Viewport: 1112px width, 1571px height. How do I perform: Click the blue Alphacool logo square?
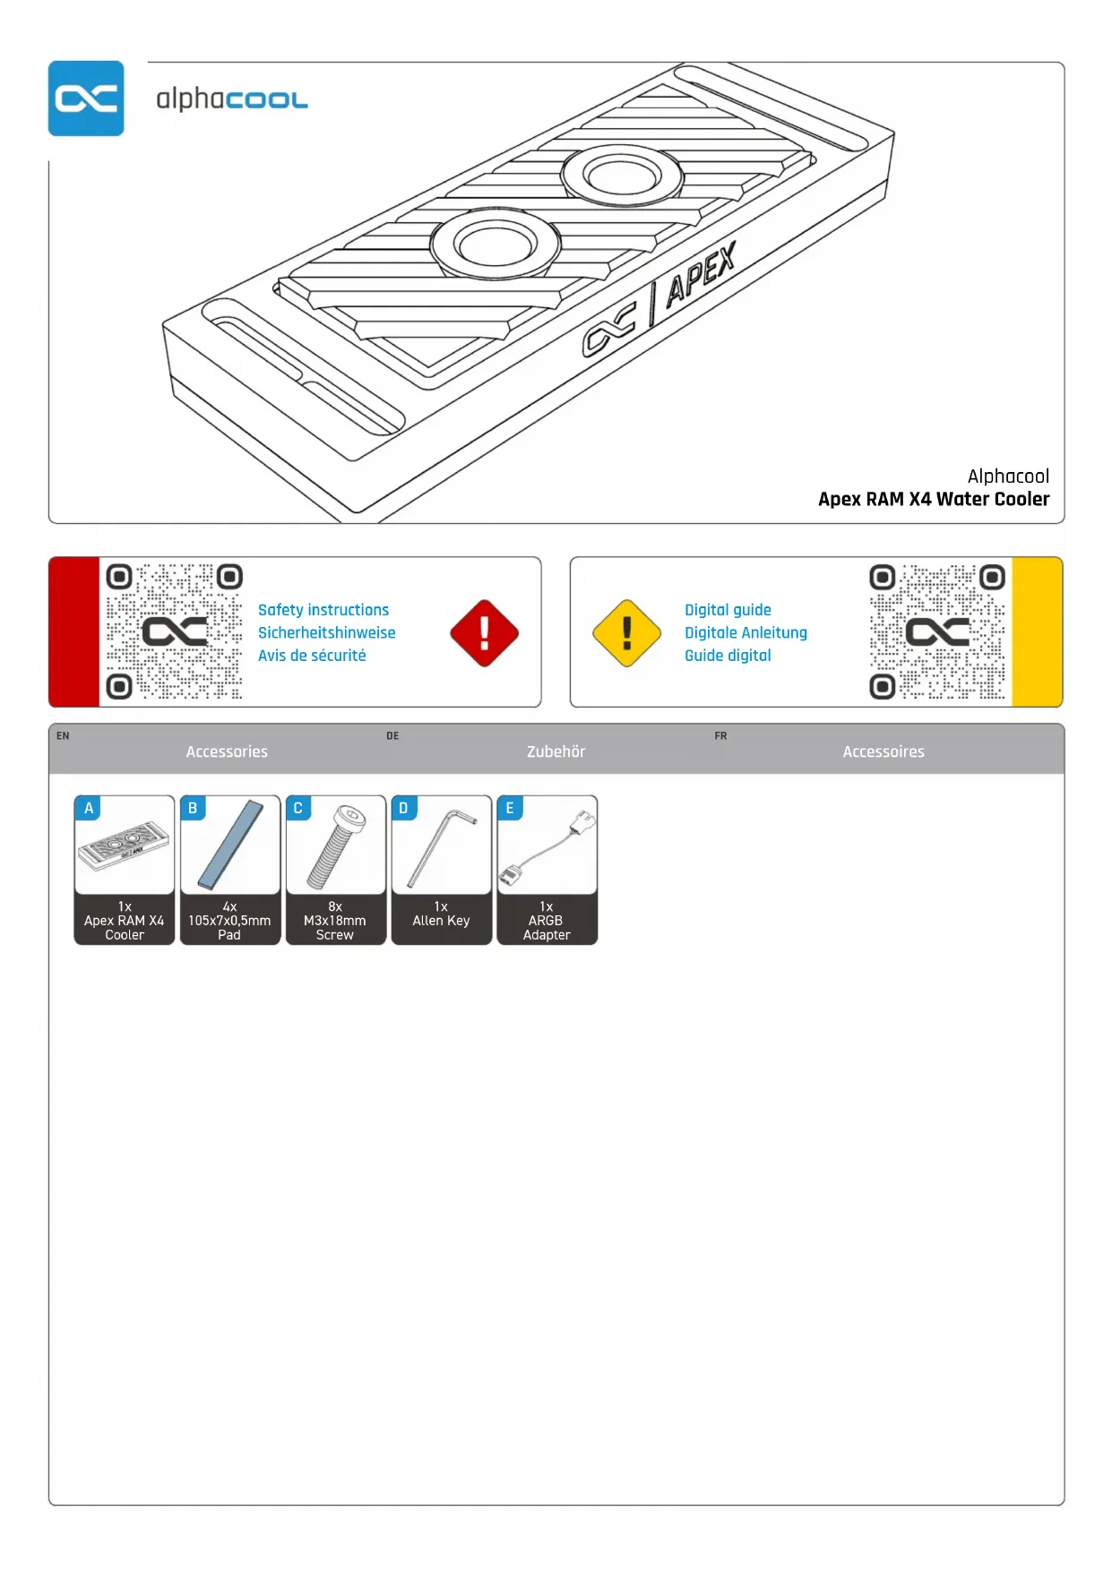pyautogui.click(x=86, y=99)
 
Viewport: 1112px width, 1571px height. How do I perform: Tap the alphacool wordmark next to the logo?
pyautogui.click(x=231, y=99)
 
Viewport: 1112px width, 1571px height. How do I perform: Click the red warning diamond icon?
pyautogui.click(x=484, y=633)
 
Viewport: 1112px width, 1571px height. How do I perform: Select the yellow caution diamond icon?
pyautogui.click(x=627, y=633)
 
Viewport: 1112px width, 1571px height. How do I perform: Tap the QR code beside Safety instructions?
pyautogui.click(x=174, y=631)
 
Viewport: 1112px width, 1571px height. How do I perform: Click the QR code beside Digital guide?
pyautogui.click(x=937, y=631)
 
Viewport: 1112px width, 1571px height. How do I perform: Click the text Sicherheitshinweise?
pyautogui.click(x=326, y=632)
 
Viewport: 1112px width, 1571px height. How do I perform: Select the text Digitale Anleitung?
pyautogui.click(x=746, y=632)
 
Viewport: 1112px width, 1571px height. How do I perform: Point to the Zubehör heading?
pyautogui.click(x=556, y=751)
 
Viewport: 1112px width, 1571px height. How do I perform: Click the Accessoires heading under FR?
pyautogui.click(x=883, y=751)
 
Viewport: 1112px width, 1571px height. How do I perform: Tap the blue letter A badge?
pyautogui.click(x=89, y=808)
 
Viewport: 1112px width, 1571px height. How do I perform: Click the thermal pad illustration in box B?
pyautogui.click(x=230, y=845)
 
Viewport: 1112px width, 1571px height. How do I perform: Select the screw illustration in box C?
pyautogui.click(x=336, y=847)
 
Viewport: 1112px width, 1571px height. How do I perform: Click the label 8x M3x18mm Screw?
pyautogui.click(x=335, y=921)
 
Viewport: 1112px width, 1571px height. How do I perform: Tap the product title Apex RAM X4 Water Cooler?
pyautogui.click(x=933, y=499)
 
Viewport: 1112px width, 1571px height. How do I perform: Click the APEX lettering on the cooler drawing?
pyautogui.click(x=701, y=274)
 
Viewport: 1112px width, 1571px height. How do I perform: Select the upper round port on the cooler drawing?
pyautogui.click(x=622, y=175)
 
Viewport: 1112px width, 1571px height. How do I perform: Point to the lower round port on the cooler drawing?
pyautogui.click(x=495, y=243)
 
